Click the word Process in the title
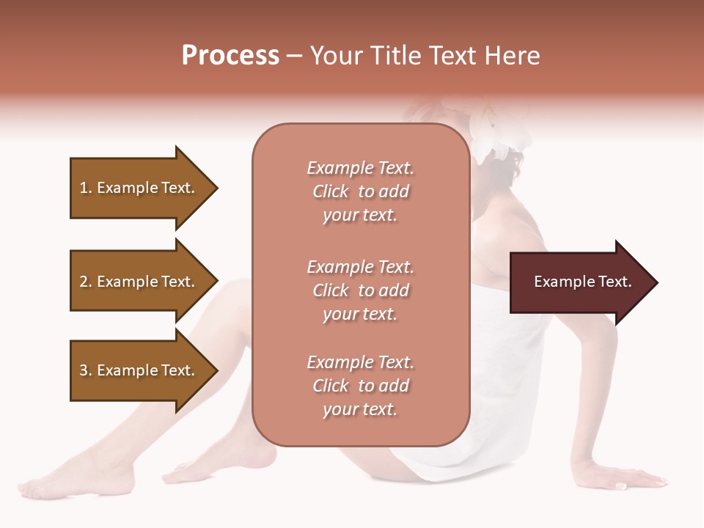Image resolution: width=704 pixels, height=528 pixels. point(230,56)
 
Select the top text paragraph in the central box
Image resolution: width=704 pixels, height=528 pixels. point(360,191)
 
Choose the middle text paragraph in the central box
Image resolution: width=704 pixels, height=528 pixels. point(360,290)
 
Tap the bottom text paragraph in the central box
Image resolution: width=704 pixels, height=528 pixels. point(360,386)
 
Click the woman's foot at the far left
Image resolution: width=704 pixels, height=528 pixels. point(44,485)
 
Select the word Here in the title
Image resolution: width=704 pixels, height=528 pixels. point(513,56)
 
